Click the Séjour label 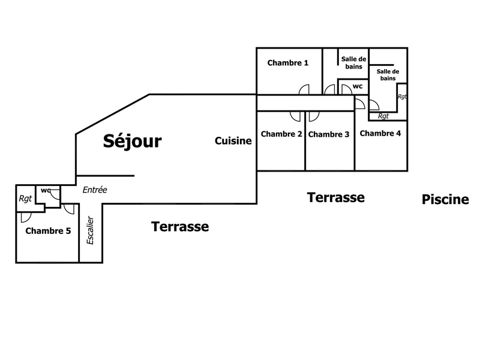coord(132,141)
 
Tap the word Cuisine coord(233,140)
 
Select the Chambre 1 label coord(288,62)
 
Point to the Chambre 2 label coord(281,134)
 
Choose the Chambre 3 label coord(329,134)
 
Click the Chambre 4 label coord(380,133)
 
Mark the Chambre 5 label coord(48,231)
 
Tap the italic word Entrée coord(95,190)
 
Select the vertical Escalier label coord(91,230)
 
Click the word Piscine coord(445,200)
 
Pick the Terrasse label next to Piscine coord(336,197)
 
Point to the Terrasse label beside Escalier coord(180,227)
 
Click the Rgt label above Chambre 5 coord(25,199)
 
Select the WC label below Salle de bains coord(358,86)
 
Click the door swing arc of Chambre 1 coord(304,89)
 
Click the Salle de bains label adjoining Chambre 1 coord(353,62)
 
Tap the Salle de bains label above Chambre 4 coord(387,74)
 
